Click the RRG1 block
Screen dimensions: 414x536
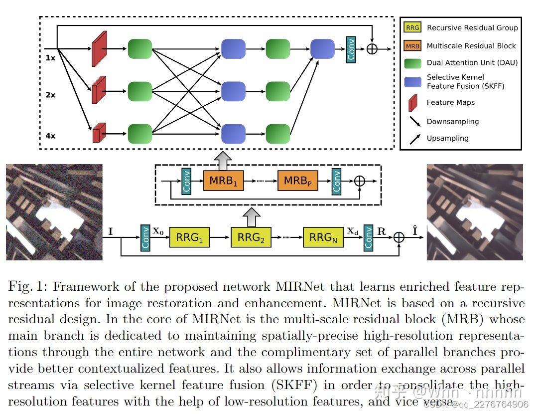(190, 237)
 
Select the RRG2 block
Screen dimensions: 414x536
(251, 237)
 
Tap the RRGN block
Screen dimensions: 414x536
(323, 237)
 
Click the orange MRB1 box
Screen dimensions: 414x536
(224, 180)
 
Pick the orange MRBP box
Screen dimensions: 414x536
(298, 180)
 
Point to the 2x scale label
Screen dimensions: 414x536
(50, 94)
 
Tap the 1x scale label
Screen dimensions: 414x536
(50, 57)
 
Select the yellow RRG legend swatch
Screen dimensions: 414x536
(412, 28)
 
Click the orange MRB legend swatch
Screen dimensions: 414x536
(412, 46)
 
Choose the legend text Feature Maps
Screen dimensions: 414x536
(450, 102)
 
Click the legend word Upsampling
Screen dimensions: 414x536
(447, 138)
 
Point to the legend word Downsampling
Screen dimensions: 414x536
(452, 121)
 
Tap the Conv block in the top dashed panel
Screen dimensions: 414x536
(351, 49)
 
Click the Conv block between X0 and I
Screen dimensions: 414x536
(145, 237)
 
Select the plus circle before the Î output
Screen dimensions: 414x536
(399, 237)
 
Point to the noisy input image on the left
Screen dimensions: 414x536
(54, 212)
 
